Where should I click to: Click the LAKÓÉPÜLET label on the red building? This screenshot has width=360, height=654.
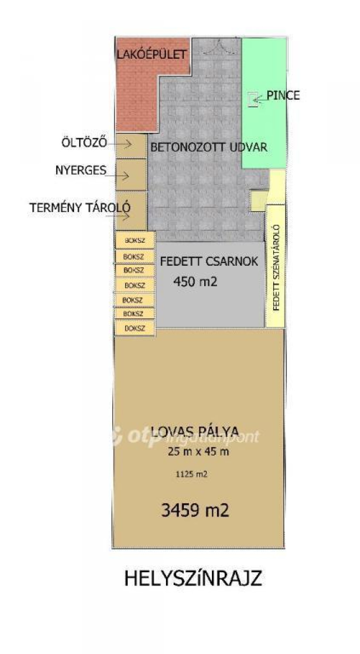[x=152, y=54]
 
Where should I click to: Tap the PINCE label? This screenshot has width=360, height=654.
[x=283, y=95]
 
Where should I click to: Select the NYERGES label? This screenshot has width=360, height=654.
[x=81, y=170]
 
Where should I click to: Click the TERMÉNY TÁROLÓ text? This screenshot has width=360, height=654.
[x=80, y=207]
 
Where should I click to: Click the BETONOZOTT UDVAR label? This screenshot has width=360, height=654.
[x=209, y=147]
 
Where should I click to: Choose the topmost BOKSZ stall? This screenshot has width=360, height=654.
[x=135, y=241]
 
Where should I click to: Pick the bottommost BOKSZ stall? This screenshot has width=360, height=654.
[x=135, y=329]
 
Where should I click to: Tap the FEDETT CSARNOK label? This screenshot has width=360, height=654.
[x=209, y=261]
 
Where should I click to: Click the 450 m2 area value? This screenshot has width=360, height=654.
[x=195, y=281]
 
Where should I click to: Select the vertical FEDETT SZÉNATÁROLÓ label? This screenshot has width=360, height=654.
[x=276, y=268]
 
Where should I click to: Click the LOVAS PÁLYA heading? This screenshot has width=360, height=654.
[x=195, y=431]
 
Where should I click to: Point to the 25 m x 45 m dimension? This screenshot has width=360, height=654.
[x=198, y=451]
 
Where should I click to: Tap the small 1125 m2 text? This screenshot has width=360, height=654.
[x=191, y=474]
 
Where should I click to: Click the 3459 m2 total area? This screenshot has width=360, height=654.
[x=195, y=510]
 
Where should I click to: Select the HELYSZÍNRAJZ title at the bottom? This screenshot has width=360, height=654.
[x=193, y=578]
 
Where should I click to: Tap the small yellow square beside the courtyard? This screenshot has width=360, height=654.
[x=258, y=201]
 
